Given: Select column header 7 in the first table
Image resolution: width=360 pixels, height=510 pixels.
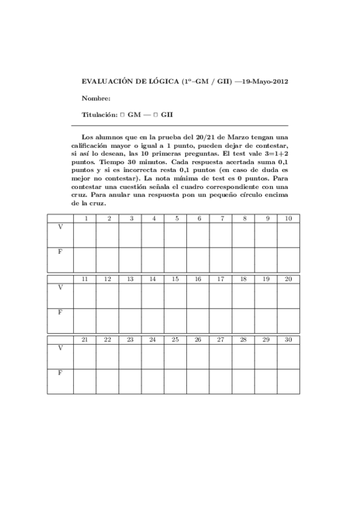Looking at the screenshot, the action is tap(221, 218).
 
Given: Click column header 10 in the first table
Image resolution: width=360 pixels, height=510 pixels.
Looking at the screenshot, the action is tap(288, 218).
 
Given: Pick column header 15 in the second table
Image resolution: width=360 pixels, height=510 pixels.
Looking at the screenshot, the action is tap(175, 279).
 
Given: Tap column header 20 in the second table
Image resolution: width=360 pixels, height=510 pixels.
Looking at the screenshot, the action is tap(288, 279).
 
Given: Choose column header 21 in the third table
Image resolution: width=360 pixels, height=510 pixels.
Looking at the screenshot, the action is tap(85, 340).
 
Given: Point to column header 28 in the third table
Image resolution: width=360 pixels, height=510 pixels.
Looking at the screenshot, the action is tap(243, 340).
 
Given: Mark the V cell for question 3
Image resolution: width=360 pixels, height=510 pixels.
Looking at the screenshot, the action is tap(130, 235).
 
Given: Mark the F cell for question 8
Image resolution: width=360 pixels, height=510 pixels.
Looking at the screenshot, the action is tap(243, 260).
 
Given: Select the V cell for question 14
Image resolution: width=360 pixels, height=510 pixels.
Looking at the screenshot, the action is tap(153, 296).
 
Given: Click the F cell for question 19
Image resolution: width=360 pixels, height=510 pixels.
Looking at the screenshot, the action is tap(266, 321).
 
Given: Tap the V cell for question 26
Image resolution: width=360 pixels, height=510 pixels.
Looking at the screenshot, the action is tap(198, 357).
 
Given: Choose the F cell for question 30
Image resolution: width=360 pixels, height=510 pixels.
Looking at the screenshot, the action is tap(288, 381).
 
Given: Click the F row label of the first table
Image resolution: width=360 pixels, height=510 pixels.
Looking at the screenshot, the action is tap(60, 252).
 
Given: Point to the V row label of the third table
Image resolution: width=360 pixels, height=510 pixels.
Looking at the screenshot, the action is tap(60, 348).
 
